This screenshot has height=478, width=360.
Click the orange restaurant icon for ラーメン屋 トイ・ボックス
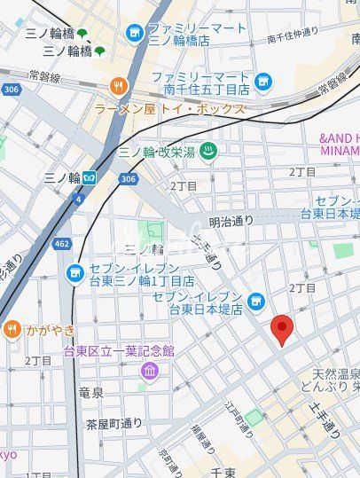click(x=118, y=86)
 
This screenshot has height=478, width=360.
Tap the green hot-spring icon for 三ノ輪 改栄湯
click(x=208, y=151)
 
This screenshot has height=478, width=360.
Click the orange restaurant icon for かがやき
click(x=12, y=330)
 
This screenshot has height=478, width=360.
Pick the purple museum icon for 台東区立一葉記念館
click(x=147, y=369)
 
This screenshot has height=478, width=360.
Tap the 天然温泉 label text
click(x=335, y=373)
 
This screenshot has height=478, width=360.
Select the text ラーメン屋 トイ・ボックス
click(x=170, y=108)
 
